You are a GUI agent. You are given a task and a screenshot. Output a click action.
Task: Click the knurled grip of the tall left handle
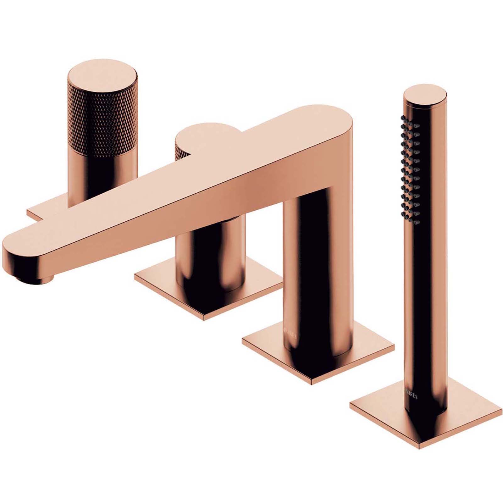102,119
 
